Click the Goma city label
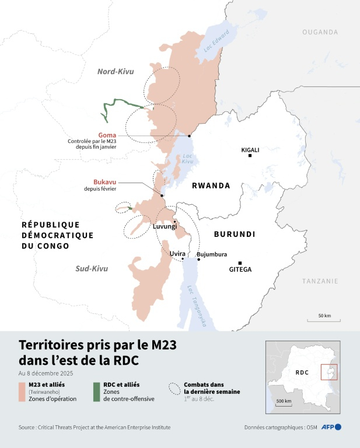coord(107,135)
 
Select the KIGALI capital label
coord(250,150)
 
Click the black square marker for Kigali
coord(250,156)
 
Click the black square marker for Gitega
coord(240,263)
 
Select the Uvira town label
coord(177,254)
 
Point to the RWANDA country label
coord(211,186)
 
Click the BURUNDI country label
coord(235,234)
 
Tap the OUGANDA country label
coord(320,32)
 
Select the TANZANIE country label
coord(320,281)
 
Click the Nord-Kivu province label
coord(116,72)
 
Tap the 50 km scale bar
coord(324,319)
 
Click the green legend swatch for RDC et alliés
coord(97,392)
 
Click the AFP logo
coord(331,427)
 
